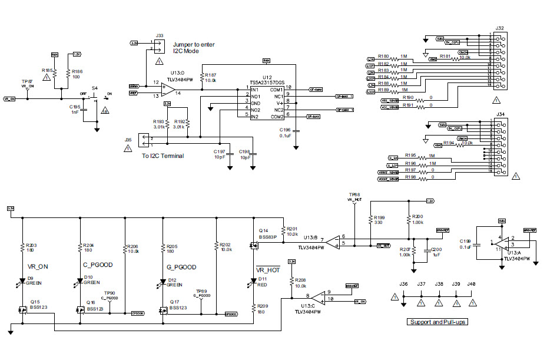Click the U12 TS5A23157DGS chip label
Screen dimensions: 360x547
267,80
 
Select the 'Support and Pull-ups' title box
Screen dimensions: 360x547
437,322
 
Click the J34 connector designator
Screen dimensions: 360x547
500,114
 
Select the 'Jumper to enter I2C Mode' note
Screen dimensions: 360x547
194,48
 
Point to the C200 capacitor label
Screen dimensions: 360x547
436,250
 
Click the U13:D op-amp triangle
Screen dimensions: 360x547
169,90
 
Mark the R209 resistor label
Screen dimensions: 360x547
263,306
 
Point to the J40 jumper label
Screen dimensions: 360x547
471,284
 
